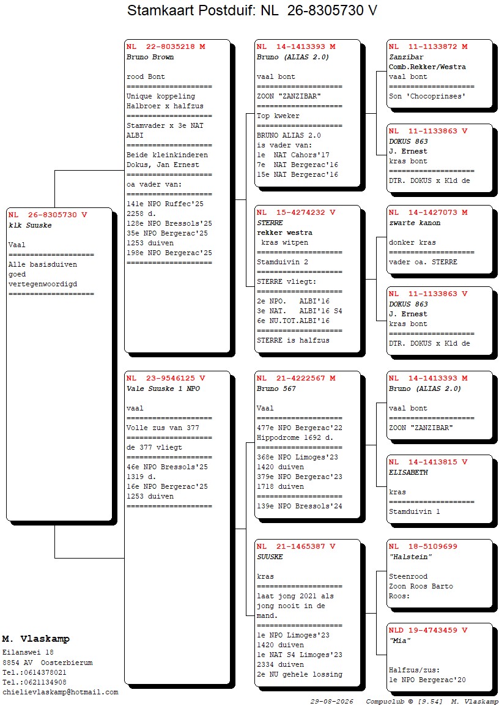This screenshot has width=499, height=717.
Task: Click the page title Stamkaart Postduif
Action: point(191,10)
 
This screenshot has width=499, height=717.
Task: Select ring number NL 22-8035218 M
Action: point(166,46)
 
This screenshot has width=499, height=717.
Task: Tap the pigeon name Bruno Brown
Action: point(150,57)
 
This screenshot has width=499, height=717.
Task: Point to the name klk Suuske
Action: point(30,225)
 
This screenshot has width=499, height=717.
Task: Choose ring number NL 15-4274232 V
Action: point(296,213)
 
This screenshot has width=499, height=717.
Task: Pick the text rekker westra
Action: point(285,232)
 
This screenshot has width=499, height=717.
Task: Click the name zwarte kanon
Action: point(415,223)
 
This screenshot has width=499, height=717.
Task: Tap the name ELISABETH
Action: point(408,472)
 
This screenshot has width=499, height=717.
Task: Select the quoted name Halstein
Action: point(410,557)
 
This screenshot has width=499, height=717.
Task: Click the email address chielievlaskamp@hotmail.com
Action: point(61,693)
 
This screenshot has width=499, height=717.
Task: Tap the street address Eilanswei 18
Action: point(28,653)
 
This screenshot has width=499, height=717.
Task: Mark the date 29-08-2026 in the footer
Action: point(332,702)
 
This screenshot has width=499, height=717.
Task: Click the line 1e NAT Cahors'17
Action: point(293,155)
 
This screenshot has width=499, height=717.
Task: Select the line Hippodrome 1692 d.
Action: point(295,437)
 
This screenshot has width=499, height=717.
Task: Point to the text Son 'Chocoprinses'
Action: point(427,97)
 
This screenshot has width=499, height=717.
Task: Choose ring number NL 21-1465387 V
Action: point(296,546)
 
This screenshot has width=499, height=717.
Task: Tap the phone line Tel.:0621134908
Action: point(34,682)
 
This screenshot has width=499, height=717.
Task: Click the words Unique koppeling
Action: point(161,97)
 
